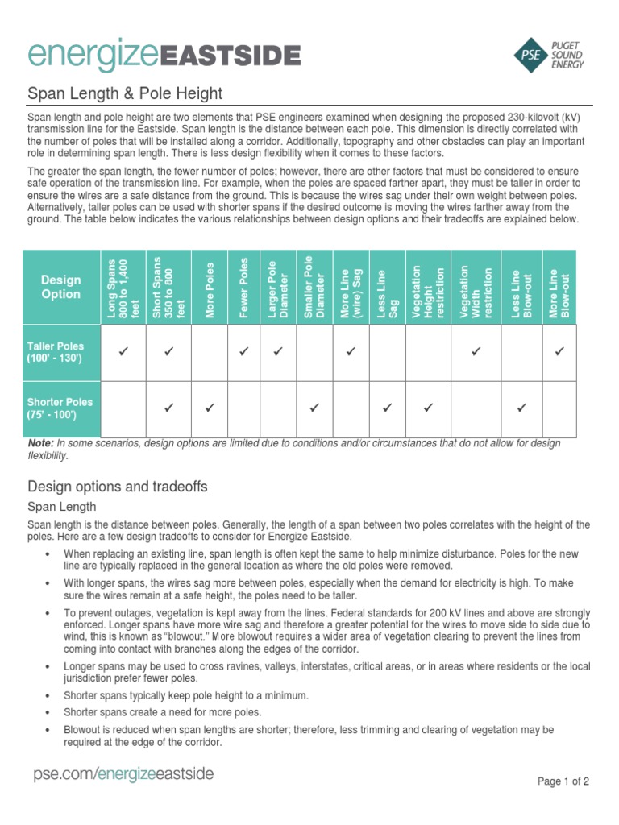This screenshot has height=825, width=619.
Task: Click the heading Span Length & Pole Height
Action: [x=125, y=94]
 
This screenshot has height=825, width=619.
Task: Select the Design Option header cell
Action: [x=61, y=287]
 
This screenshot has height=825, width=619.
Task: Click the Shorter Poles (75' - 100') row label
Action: [x=60, y=408]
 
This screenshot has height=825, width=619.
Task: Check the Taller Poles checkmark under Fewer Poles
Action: [x=244, y=351]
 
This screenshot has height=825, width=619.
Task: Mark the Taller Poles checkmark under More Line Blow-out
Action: [x=560, y=351]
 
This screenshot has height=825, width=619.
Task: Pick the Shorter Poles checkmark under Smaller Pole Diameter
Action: [x=314, y=408]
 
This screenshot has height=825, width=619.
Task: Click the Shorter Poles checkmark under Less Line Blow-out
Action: [x=521, y=408]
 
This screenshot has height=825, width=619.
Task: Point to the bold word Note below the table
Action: [x=40, y=444]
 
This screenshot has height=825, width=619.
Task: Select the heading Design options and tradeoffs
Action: [x=118, y=487]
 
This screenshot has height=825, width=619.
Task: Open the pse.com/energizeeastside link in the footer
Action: [x=123, y=775]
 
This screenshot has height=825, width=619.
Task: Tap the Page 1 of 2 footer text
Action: [x=563, y=781]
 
